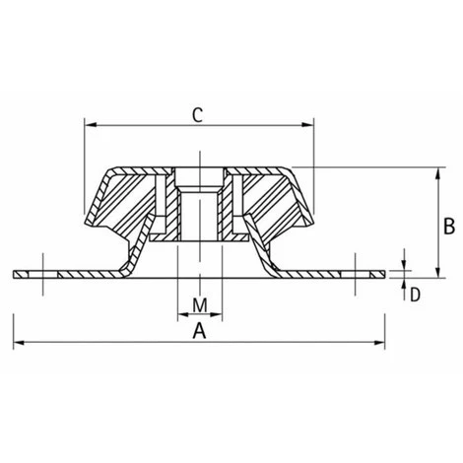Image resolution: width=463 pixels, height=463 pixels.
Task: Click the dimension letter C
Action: (197, 115)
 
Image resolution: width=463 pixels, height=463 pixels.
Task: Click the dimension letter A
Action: (199, 331)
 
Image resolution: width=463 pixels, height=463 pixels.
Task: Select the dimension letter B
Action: (449, 227)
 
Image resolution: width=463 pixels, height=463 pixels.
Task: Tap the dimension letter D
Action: (415, 295)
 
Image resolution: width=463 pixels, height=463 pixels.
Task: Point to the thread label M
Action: (200, 305)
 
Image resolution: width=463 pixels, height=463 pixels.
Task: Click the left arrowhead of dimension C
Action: (91, 125)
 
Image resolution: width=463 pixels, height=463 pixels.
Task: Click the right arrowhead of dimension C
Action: (308, 125)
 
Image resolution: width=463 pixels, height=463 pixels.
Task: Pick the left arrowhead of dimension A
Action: (19, 343)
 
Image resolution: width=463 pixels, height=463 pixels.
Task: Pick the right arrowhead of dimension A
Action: (379, 343)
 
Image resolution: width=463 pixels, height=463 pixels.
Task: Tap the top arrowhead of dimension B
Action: (437, 173)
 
